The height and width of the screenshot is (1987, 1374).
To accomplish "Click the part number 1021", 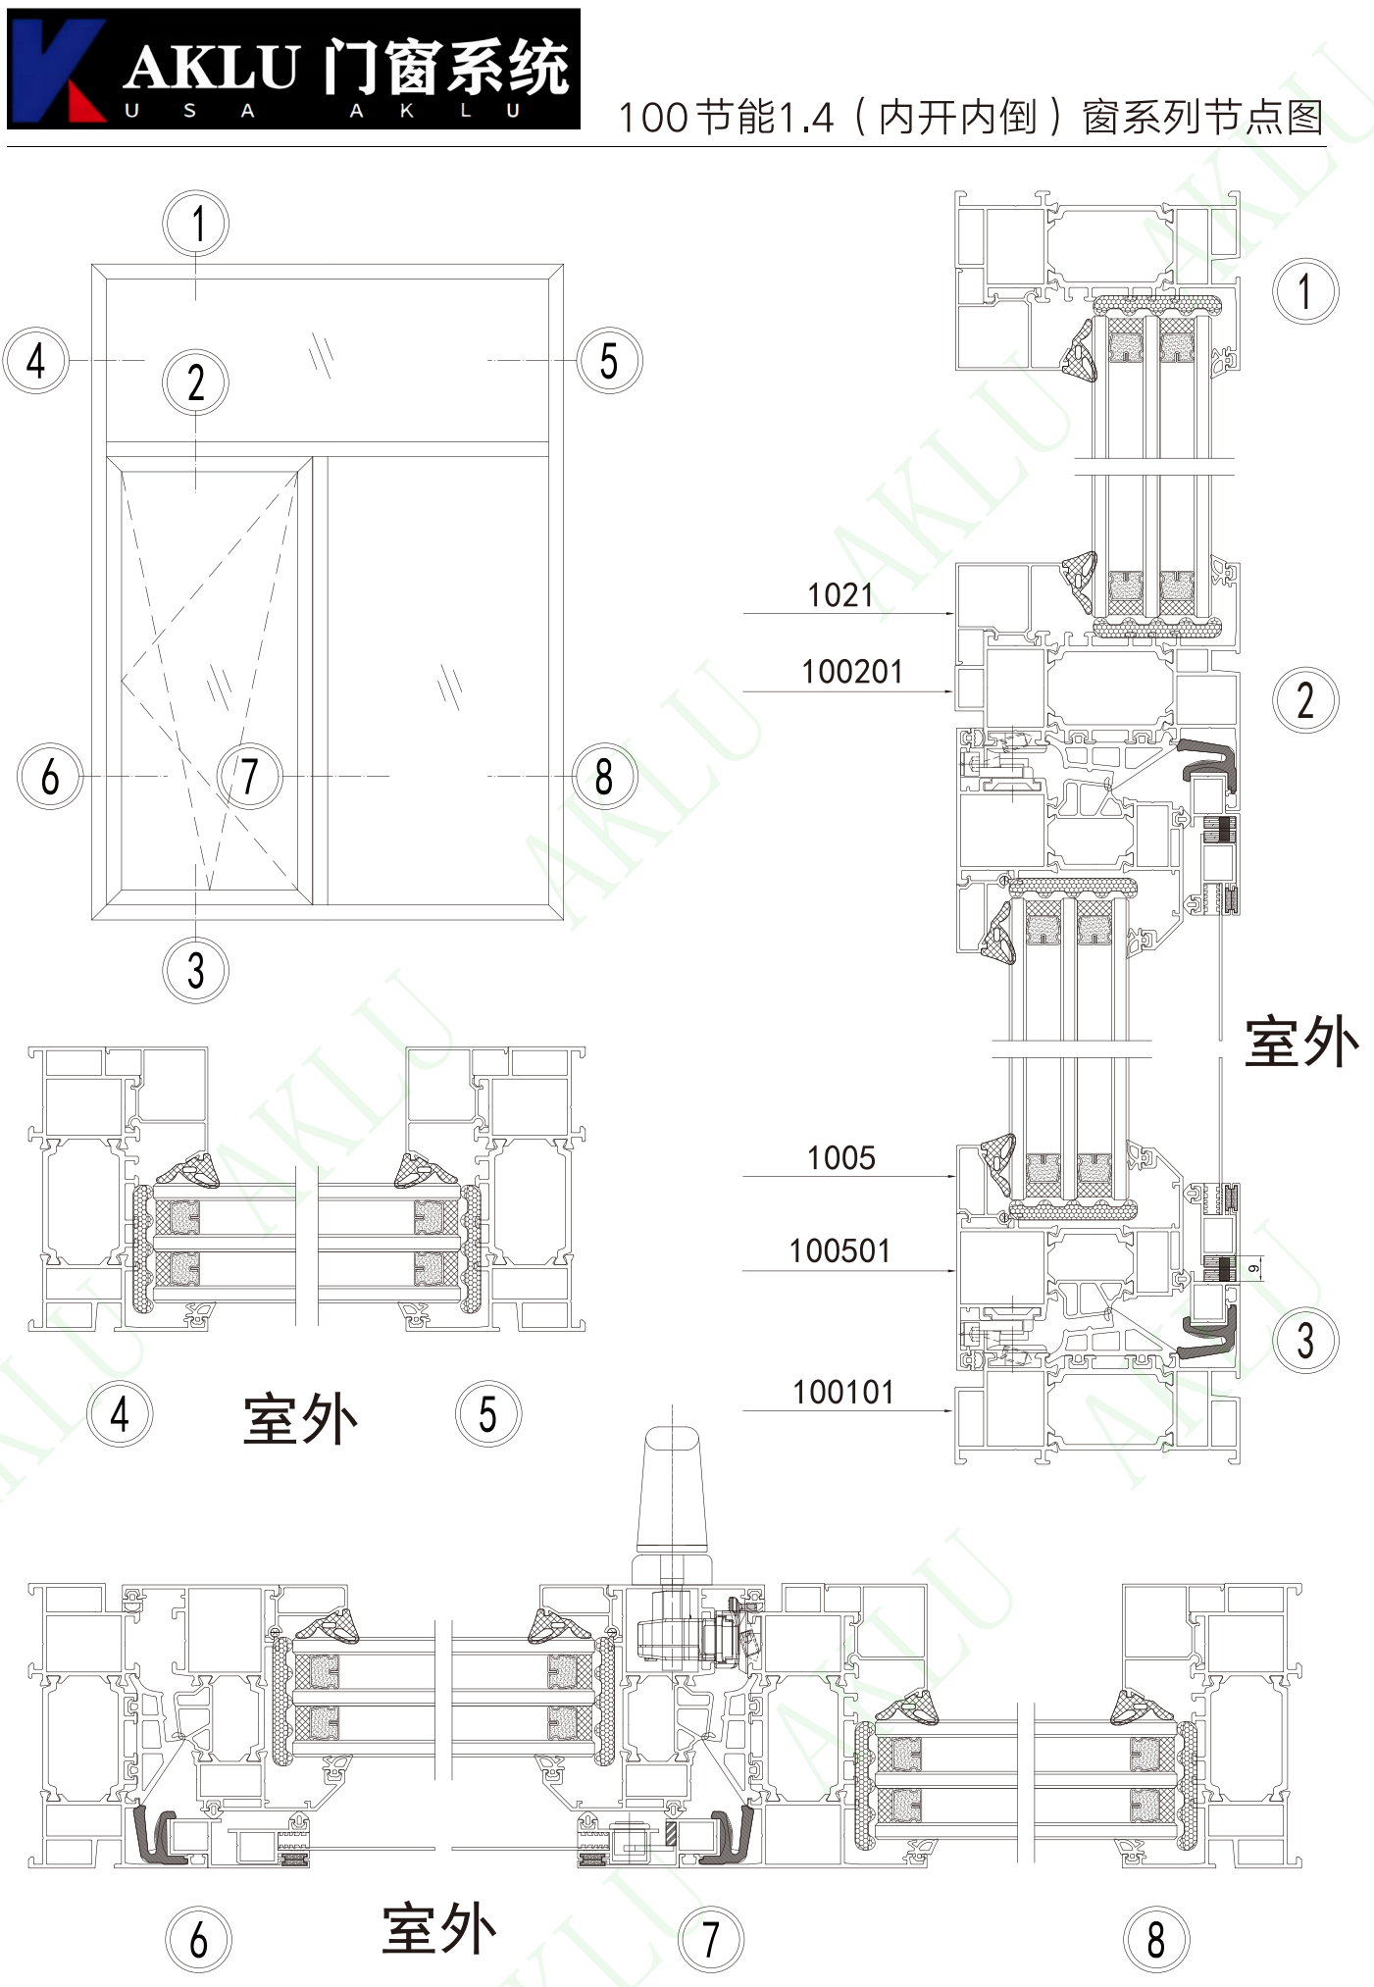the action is coord(840,594).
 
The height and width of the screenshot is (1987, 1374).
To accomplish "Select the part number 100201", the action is coord(851,672).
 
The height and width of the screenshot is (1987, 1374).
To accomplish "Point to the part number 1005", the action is coord(840,1157).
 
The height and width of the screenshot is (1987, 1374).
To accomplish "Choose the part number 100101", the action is coord(843,1392).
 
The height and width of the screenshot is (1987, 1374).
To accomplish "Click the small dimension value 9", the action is coord(1254,1269).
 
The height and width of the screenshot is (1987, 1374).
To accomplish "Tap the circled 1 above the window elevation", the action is coord(196,224).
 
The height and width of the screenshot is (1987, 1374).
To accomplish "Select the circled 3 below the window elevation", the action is coord(196,970).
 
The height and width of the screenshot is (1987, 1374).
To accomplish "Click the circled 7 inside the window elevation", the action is coord(249,776).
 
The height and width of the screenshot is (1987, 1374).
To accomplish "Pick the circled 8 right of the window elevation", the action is coord(604,777).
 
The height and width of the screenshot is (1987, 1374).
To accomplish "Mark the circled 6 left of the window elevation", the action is coord(50,776).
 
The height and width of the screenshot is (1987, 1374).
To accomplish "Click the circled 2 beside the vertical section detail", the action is coord(1305,700).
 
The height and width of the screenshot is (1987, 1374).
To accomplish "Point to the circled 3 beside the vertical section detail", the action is coord(1305,1340).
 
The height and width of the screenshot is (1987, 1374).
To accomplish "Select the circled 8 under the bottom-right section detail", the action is coord(1156,1939).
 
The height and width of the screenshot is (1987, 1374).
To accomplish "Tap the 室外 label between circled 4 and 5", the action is coord(300,1418).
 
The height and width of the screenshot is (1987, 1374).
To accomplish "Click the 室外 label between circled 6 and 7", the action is coord(439,1928).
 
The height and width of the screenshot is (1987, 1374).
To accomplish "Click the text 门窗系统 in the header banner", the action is coord(446,67).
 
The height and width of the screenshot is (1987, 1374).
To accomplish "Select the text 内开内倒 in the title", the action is coord(957,118).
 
